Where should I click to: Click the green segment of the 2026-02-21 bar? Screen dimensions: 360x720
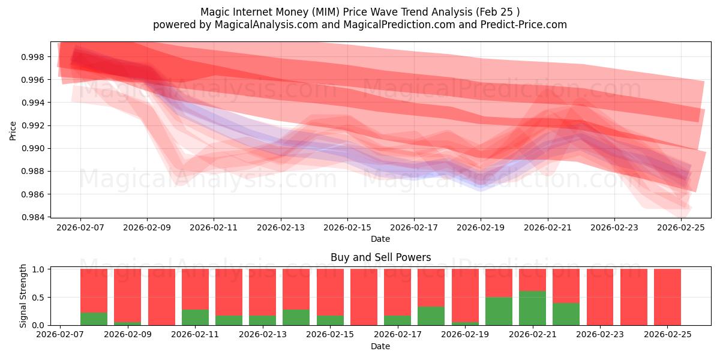pos(532,308)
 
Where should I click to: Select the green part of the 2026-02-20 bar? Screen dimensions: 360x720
pos(499,311)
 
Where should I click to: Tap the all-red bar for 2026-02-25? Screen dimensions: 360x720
pos(667,297)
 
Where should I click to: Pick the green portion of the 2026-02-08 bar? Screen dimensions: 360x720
pos(94,319)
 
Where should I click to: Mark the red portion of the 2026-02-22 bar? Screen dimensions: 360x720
pos(566,286)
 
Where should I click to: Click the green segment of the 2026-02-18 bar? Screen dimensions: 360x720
pos(431,316)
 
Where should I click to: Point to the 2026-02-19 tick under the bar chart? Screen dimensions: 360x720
pos(481,335)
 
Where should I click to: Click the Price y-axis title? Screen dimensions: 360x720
pos(13,130)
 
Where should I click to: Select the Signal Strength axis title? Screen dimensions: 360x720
pos(23,296)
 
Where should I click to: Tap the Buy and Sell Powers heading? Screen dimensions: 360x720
pos(380,257)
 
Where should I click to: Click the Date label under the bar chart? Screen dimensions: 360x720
pos(380,346)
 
